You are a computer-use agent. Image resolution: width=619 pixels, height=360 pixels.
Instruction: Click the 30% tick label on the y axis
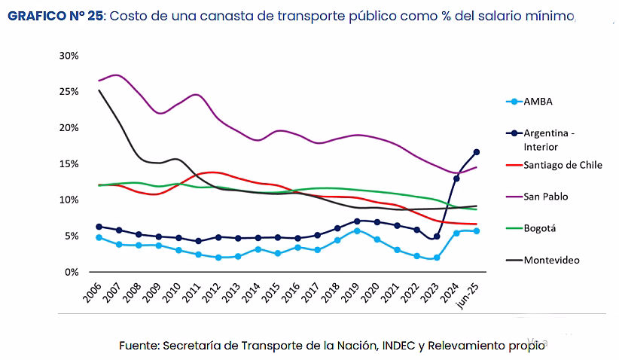click(x=69, y=56)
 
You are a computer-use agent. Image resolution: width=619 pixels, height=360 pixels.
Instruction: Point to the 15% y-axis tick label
click(x=69, y=163)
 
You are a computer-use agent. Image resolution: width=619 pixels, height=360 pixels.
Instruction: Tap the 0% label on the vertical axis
click(x=72, y=272)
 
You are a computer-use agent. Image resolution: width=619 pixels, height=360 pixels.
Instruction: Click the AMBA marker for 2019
click(x=357, y=230)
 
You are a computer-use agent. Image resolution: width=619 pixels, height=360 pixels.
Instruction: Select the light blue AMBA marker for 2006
click(x=99, y=237)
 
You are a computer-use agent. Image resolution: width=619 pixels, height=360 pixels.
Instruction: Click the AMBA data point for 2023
click(x=437, y=258)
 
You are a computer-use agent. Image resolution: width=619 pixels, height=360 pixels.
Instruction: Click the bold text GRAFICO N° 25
click(x=55, y=16)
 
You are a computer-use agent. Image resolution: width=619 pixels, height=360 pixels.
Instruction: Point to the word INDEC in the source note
click(x=398, y=346)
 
